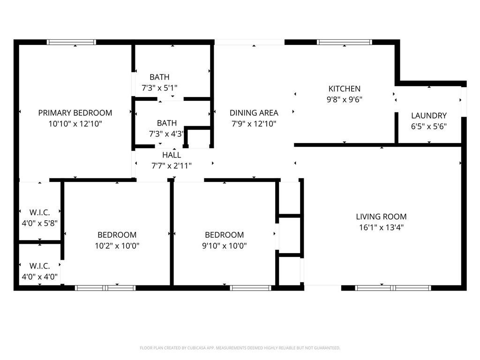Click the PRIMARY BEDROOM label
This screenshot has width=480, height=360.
click(x=75, y=113)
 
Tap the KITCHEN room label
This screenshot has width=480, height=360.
click(x=345, y=89)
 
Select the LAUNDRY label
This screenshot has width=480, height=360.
click(x=429, y=116)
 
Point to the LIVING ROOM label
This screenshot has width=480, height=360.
click(x=381, y=217)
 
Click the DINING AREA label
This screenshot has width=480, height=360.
click(x=254, y=113)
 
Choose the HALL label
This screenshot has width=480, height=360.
click(x=172, y=155)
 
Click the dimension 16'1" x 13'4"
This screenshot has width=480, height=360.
click(x=381, y=227)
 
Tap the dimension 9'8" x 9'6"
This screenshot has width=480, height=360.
click(x=345, y=99)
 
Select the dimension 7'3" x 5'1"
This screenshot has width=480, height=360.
click(x=159, y=88)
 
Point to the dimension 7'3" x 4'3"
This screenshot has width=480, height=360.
click(x=166, y=134)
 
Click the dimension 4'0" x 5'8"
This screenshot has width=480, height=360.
click(x=39, y=223)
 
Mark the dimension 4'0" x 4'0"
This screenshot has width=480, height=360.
click(x=39, y=277)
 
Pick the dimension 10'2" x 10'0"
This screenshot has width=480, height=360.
click(x=117, y=246)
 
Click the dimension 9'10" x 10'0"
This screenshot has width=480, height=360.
click(x=224, y=246)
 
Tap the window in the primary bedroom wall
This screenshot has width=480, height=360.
click(x=71, y=42)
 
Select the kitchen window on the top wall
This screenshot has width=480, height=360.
click(x=345, y=42)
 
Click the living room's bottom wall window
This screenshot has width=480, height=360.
click(x=393, y=288)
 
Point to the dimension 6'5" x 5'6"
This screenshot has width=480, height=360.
click(x=429, y=127)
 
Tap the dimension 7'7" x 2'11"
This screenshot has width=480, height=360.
click(x=172, y=165)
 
